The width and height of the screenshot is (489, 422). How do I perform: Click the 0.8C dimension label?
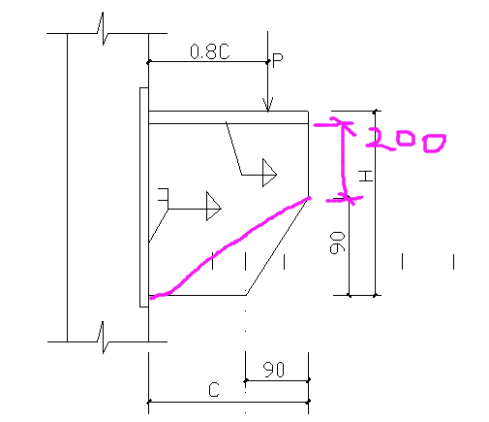[210, 51]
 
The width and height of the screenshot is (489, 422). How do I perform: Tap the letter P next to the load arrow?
[278, 60]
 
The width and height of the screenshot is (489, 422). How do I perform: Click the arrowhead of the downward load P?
[268, 104]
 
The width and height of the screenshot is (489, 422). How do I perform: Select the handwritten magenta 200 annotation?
[406, 140]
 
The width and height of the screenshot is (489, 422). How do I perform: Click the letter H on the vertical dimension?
[366, 177]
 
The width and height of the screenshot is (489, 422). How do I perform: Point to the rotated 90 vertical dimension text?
[337, 243]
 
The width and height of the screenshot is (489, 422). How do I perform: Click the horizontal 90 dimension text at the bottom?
[274, 370]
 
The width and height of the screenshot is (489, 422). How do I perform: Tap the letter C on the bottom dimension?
[214, 390]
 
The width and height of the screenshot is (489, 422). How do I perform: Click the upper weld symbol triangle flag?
[269, 173]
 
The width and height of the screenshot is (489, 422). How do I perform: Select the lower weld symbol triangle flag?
[213, 206]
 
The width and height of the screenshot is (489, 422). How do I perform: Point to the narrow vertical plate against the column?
[144, 197]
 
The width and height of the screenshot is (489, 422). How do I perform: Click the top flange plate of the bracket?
[229, 117]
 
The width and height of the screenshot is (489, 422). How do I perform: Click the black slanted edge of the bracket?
[277, 246]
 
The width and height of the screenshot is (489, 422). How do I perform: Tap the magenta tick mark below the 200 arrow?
[345, 200]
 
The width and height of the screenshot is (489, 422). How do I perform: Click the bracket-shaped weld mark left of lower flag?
[164, 195]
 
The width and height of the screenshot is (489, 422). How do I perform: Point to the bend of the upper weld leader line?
[242, 175]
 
